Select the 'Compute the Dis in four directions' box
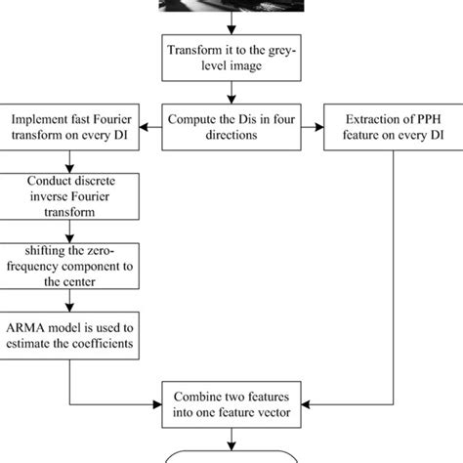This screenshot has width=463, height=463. pos(231,127)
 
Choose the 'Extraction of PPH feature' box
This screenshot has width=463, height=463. pos(390,127)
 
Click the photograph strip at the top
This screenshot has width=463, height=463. pos(231,7)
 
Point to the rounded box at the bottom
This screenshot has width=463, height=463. pos(231,454)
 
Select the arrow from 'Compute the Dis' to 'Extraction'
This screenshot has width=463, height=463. pos(312,127)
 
